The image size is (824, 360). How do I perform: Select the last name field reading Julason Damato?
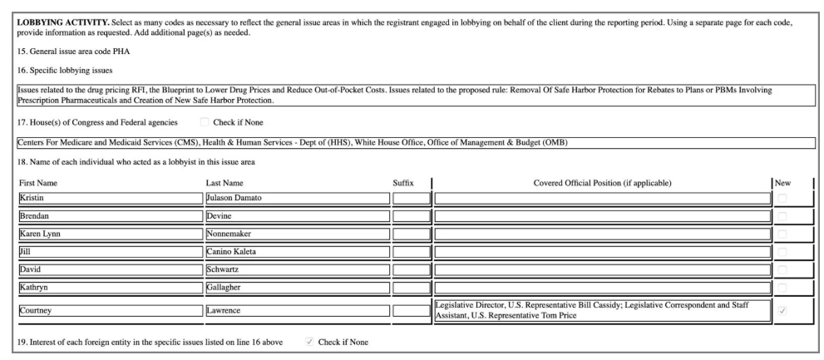(x=297, y=198)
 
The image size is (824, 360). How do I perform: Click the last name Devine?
(x=297, y=215)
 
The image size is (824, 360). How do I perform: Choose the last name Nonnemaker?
(x=297, y=234)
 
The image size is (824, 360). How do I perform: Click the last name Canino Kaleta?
(x=297, y=251)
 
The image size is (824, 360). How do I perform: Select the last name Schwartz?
(x=297, y=269)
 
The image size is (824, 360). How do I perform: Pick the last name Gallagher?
(x=297, y=287)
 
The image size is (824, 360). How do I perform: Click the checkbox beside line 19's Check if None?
(x=310, y=343)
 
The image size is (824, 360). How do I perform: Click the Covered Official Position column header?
(x=601, y=182)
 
